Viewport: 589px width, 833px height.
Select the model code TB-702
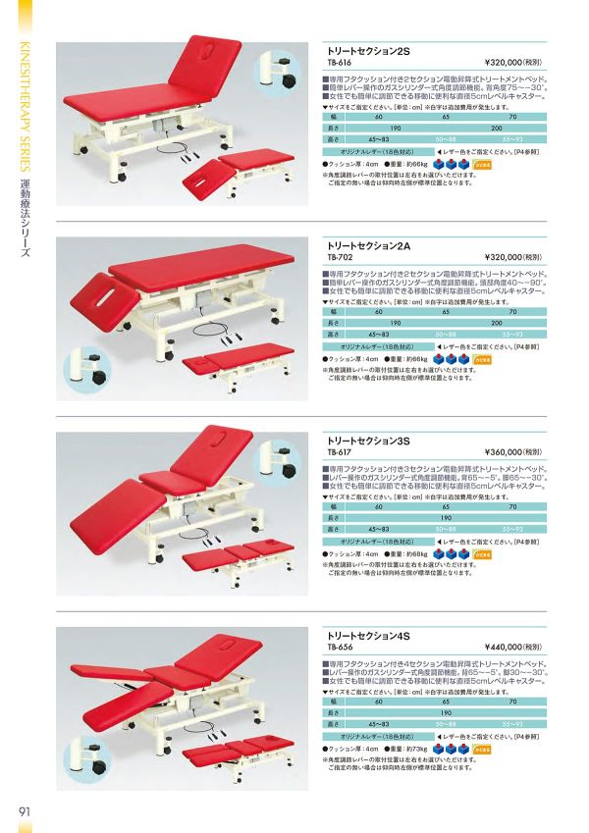click(x=338, y=257)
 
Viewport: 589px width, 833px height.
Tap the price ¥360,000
click(x=508, y=452)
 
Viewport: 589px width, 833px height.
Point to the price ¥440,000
click(x=508, y=648)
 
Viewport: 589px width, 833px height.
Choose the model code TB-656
click(x=338, y=648)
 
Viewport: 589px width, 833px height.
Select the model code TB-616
click(x=338, y=59)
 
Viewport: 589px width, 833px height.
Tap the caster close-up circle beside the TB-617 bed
click(x=280, y=463)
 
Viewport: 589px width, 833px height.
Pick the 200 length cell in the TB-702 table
click(x=497, y=323)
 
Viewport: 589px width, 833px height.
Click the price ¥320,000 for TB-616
click(x=508, y=59)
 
